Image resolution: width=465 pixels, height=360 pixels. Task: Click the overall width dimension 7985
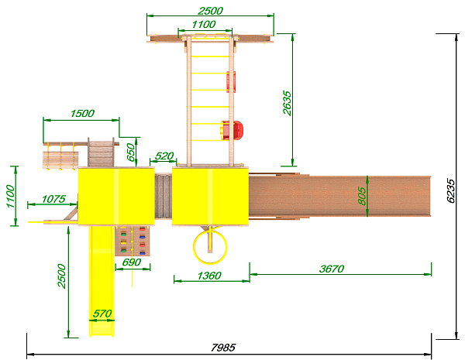click(x=223, y=348)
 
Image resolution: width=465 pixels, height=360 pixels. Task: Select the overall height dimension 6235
click(x=451, y=190)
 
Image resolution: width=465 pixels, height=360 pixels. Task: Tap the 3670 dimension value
click(x=332, y=269)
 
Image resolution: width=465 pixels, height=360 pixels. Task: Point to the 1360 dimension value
click(x=209, y=276)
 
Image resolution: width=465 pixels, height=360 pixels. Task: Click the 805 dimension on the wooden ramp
click(x=362, y=196)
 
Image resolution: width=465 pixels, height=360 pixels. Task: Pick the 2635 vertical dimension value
click(x=287, y=103)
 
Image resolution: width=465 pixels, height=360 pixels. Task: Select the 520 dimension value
click(x=164, y=156)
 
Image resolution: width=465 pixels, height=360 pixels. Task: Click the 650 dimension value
click(x=131, y=153)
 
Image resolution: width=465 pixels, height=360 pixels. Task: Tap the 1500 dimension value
click(x=82, y=114)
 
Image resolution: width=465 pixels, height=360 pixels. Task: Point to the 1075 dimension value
click(x=53, y=199)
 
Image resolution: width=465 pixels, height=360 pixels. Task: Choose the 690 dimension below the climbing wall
click(x=132, y=262)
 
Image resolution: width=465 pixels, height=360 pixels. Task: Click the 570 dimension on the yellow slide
click(x=102, y=314)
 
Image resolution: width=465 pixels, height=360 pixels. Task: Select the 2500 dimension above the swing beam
click(x=210, y=11)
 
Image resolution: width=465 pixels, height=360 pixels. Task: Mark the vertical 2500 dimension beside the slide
click(x=62, y=276)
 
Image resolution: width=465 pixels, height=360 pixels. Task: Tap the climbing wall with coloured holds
click(x=133, y=241)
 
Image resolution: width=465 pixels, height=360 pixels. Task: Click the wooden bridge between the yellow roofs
click(x=164, y=196)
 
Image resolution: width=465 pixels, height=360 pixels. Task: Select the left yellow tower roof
click(x=116, y=196)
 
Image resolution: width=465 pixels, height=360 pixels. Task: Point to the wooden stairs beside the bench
click(x=101, y=153)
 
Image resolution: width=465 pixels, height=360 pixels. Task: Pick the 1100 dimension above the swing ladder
click(x=204, y=24)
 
